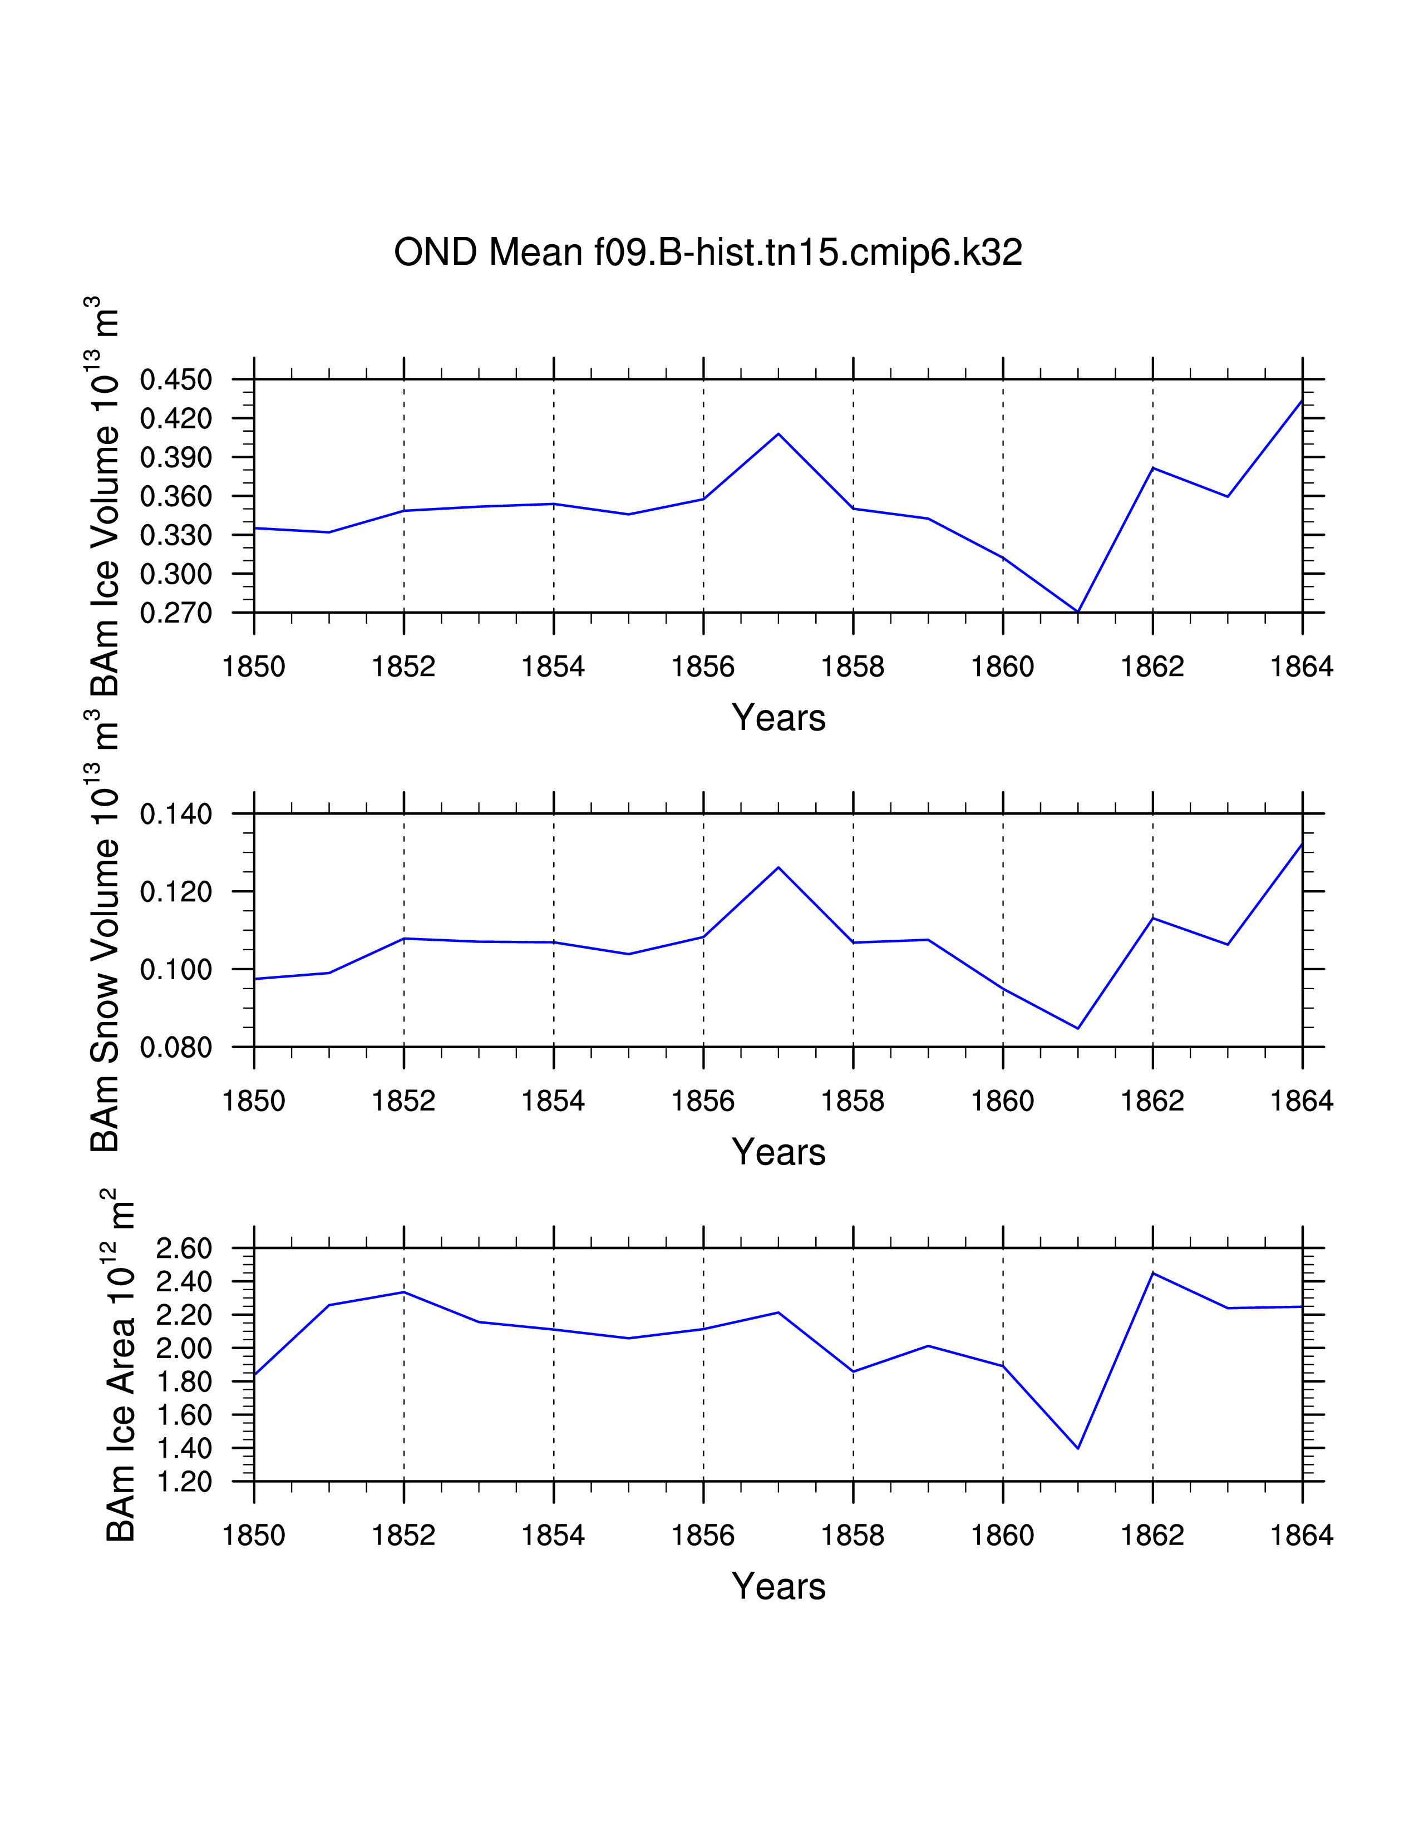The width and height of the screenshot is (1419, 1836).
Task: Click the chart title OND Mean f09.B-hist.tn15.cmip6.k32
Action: (x=708, y=252)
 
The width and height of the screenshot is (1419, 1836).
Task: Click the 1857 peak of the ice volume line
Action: (x=779, y=434)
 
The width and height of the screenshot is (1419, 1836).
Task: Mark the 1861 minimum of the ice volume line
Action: (x=1078, y=611)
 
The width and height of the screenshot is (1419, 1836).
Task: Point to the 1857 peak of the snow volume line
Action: (x=779, y=867)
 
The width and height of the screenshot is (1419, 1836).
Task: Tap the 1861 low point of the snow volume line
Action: (x=1078, y=1028)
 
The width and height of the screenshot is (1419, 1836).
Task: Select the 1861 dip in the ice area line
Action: (x=1078, y=1448)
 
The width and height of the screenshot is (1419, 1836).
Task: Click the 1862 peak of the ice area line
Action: (x=1152, y=1274)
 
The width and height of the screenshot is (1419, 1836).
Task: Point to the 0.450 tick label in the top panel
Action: (x=176, y=380)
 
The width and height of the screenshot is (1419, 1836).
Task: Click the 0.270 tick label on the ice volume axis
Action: (x=176, y=614)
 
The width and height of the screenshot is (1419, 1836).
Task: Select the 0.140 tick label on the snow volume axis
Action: (x=176, y=815)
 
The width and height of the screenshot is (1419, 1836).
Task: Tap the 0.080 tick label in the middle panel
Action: (x=176, y=1048)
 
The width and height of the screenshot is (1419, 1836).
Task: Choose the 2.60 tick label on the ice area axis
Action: (x=184, y=1248)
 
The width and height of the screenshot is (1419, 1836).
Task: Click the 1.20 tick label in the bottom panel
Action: (x=184, y=1481)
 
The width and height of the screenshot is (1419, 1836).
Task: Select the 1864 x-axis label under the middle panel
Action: (x=1302, y=1101)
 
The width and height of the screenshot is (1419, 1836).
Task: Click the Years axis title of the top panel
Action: (x=779, y=718)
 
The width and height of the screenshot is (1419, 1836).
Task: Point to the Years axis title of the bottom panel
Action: (x=779, y=1586)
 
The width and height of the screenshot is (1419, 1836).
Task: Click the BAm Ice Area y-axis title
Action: (x=120, y=1366)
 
